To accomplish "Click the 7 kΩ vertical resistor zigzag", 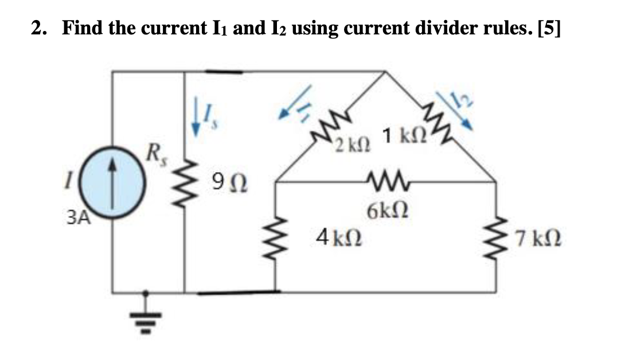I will point(497,236).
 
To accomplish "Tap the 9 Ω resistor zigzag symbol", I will point(184,186).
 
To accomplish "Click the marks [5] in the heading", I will point(545,28).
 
